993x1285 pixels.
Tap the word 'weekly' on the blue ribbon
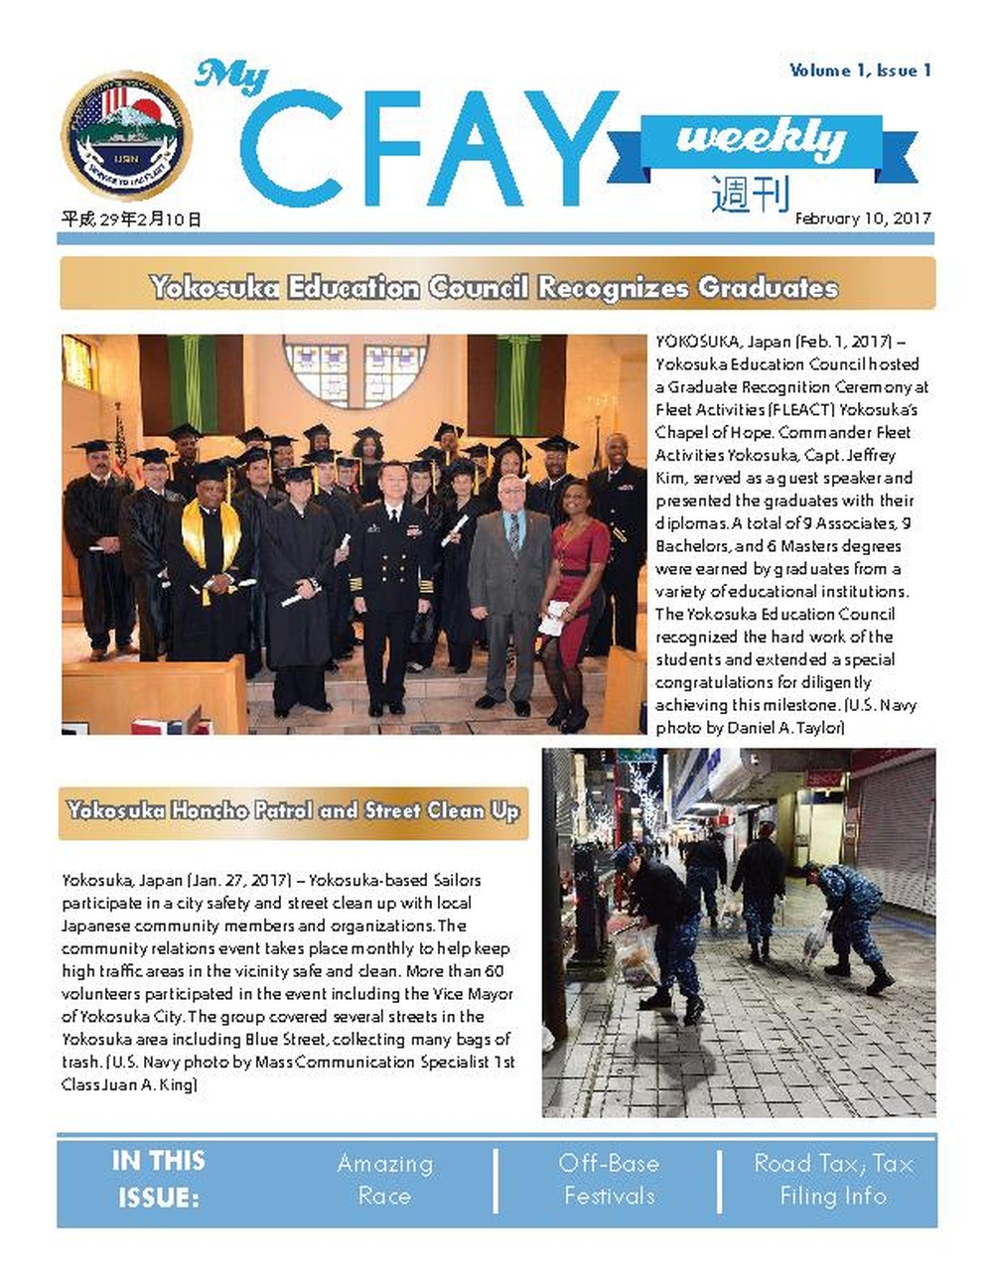pos(761,138)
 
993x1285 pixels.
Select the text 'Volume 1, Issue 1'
pos(860,71)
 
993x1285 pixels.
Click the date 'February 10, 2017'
pos(862,217)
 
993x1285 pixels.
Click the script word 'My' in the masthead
pos(230,76)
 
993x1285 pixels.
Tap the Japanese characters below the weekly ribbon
pos(751,194)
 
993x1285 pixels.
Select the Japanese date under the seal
pos(131,219)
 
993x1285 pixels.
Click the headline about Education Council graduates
pos(495,288)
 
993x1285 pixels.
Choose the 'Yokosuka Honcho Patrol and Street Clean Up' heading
pos(293,810)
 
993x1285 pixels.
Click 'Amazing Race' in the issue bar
pos(384,1179)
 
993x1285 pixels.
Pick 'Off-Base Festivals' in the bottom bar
pos(609,1179)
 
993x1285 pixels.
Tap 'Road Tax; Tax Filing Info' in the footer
pos(832,1179)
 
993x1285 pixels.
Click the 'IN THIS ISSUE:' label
pos(159,1179)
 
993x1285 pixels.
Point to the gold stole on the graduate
pos(211,536)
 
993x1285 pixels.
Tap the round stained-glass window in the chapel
pos(355,371)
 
